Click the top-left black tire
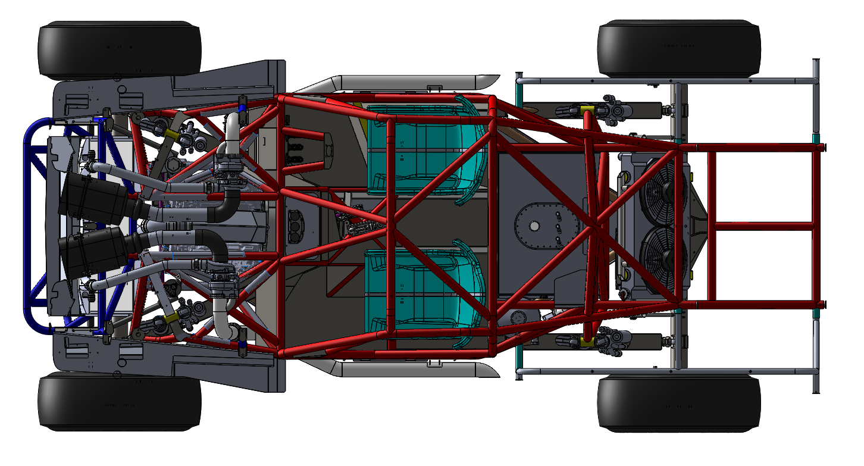120,50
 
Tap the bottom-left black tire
120,402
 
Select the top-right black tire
679,49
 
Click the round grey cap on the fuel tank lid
534,226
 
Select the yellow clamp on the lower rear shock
587,340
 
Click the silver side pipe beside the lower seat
411,370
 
